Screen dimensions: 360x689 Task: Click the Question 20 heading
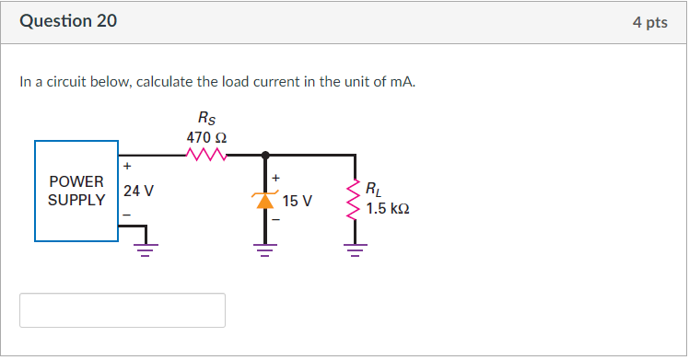68,21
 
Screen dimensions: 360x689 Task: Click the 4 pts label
649,22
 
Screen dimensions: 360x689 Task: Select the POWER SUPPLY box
76,191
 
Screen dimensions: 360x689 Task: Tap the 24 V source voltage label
138,192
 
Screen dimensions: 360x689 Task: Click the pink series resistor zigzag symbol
206,155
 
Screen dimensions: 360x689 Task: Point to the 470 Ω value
206,136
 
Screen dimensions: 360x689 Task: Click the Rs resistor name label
206,118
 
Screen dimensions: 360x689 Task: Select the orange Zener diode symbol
265,200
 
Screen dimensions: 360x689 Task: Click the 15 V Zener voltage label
297,201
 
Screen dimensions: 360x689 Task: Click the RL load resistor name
372,191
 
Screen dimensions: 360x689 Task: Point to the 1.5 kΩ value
387,209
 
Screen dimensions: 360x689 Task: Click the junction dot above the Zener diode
265,155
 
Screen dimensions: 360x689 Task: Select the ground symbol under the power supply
146,247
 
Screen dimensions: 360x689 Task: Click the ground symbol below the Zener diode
265,247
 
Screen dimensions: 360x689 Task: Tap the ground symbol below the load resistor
354,247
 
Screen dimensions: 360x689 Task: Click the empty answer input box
123,310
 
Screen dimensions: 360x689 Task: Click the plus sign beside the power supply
127,167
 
